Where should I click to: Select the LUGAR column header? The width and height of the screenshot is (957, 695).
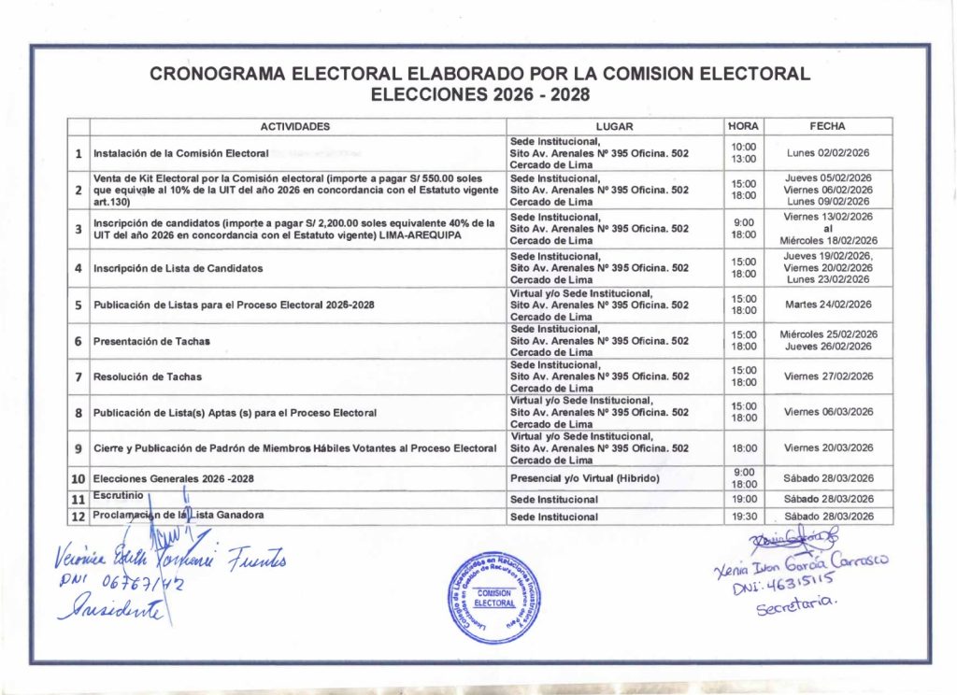point(613,126)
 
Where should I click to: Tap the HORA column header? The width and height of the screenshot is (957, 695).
point(744,126)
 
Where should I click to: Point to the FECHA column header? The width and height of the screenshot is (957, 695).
point(828,126)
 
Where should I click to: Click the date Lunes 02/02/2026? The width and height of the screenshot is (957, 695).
point(828,152)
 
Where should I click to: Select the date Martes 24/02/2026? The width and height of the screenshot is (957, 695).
point(828,304)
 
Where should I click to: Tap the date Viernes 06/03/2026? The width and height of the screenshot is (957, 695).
point(828,411)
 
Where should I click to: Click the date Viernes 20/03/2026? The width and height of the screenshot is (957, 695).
point(828,448)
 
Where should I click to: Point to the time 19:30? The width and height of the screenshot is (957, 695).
point(744,516)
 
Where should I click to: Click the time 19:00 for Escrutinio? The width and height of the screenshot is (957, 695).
point(744,499)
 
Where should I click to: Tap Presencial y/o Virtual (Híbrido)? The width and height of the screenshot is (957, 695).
point(585,478)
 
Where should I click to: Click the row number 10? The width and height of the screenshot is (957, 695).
point(79,478)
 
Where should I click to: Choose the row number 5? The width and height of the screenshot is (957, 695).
point(79,305)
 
